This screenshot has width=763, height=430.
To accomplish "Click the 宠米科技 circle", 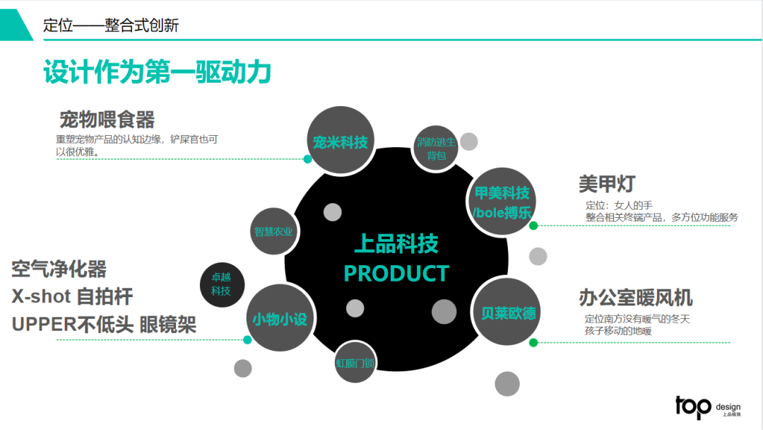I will pos(341,141).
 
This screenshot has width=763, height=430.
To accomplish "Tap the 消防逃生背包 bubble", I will pos(437,148).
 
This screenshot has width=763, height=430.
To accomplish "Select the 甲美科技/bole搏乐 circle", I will pos(502,202).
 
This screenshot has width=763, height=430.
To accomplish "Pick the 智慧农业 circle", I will pos(273,231).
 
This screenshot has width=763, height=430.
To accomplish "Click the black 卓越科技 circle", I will pos(222,285).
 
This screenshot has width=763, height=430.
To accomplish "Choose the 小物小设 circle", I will pos(280,319).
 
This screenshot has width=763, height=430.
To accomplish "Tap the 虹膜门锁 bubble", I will pos(355,363).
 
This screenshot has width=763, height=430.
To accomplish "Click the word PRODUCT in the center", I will pos(396,274).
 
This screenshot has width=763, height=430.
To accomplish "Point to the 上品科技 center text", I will pos(396,244).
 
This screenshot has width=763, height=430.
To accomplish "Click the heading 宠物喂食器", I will pos(107,119).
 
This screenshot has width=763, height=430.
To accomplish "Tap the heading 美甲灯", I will pos(607,184).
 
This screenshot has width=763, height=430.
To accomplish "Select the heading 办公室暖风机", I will pos(635,297).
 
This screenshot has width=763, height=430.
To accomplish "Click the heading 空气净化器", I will pos(59,269).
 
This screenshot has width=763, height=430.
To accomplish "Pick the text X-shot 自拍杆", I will pos(72,296).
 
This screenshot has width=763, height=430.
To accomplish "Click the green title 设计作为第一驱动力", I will pos(158,72).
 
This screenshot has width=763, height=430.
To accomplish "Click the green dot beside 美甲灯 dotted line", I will pos(533,226).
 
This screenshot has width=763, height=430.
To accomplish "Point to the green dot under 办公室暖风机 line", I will pos(533,343).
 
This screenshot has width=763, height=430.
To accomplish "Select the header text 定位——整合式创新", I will pos(111,25).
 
